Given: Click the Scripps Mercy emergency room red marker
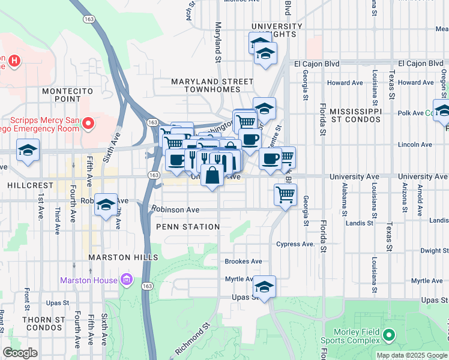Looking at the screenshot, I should [88, 124].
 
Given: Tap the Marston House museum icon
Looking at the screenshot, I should [126, 280].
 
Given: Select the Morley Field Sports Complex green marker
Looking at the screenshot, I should [389, 334].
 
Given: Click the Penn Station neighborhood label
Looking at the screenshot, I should [188, 227].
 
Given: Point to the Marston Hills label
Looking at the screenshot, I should [122, 257].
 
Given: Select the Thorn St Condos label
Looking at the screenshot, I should [44, 324].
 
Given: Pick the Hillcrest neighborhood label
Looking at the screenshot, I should [23, 186].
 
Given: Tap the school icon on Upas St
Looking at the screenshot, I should [264, 287].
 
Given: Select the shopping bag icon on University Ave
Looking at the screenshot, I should [212, 176].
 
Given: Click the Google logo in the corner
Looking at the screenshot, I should [20, 353].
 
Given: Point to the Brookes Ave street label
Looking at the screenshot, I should [243, 262].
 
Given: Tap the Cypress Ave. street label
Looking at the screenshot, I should [295, 244].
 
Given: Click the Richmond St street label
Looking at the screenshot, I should [193, 341].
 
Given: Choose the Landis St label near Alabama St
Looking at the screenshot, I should [359, 223].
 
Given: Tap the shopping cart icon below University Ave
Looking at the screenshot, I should [285, 194].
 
